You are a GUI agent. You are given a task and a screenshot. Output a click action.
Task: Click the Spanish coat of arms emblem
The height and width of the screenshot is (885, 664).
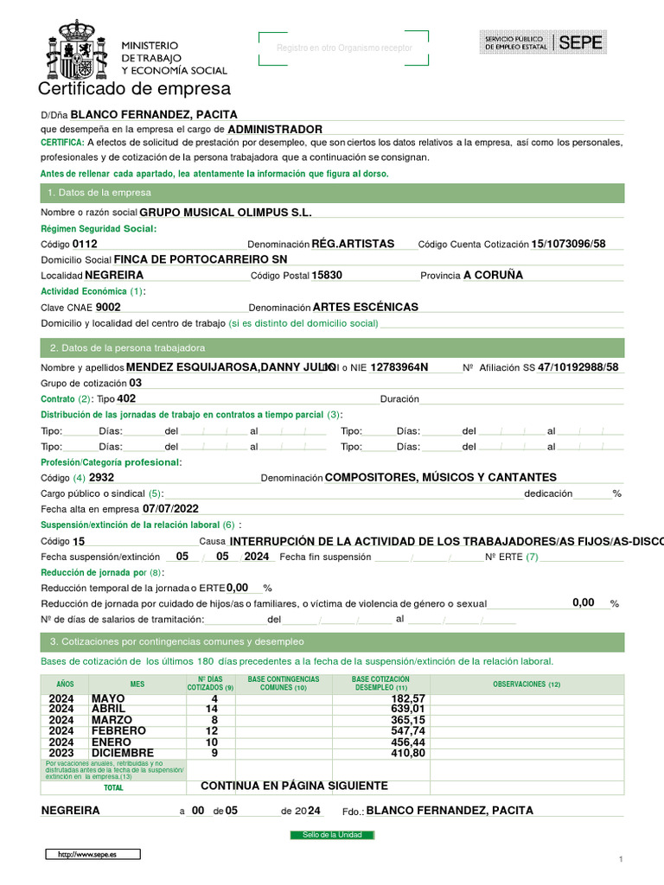(x=76, y=52)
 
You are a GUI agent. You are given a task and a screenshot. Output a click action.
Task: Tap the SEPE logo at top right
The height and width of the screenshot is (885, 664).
(x=543, y=42)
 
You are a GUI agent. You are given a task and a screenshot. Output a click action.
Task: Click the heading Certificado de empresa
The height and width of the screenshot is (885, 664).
(x=134, y=89)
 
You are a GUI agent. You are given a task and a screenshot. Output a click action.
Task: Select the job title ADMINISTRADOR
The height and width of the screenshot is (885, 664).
(x=274, y=129)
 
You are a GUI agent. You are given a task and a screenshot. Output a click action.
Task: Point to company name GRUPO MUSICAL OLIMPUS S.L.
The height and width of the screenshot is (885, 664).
(x=225, y=212)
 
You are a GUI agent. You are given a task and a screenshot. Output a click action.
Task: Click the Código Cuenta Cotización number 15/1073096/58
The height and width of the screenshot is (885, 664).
(x=568, y=244)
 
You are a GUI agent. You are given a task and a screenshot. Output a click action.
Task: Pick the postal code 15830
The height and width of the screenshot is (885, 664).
(x=327, y=275)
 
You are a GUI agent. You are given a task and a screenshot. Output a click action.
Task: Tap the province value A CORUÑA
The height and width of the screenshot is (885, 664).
(x=493, y=275)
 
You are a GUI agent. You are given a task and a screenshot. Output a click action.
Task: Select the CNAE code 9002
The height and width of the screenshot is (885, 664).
(x=108, y=307)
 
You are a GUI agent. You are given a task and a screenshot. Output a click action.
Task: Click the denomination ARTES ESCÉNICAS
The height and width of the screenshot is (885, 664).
(x=365, y=307)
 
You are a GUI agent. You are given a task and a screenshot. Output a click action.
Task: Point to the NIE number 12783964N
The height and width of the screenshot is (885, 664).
(x=399, y=367)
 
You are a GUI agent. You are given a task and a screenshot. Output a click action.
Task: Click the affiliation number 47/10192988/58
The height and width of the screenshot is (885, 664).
(x=578, y=367)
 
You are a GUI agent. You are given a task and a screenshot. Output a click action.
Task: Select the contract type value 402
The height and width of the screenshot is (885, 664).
(x=126, y=398)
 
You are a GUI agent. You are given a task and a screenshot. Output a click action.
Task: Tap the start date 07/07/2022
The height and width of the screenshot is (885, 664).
(x=170, y=509)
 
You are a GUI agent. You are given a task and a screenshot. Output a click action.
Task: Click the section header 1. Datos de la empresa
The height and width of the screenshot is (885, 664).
(x=99, y=193)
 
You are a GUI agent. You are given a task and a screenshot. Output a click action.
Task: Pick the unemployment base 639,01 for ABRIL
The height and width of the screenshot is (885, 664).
(x=408, y=710)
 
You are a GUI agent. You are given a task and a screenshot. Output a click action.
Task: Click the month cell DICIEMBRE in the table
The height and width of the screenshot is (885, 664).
(x=123, y=753)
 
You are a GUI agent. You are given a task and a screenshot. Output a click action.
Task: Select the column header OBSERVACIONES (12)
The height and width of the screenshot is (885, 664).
(x=527, y=684)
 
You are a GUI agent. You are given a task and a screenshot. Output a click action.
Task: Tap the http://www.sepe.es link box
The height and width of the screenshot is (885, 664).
(x=93, y=854)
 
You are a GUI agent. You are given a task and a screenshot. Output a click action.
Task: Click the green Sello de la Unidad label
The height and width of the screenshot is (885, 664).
(x=332, y=835)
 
